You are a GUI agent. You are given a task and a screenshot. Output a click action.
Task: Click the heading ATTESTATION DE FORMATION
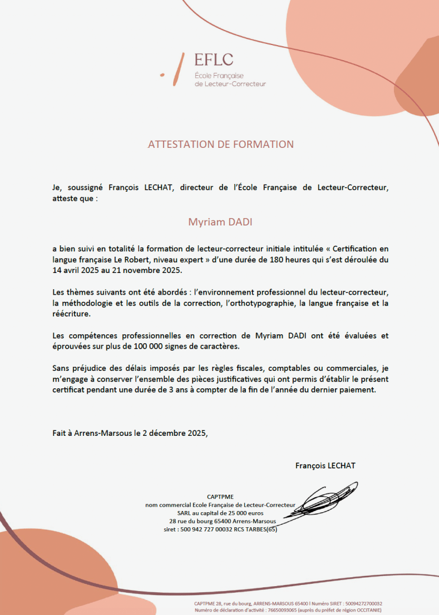[221, 144]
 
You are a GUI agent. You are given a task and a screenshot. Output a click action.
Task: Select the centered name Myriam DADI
[220, 221]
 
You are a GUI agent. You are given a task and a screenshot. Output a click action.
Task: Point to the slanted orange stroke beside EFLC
[177, 69]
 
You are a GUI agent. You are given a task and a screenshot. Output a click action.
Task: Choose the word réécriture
[72, 314]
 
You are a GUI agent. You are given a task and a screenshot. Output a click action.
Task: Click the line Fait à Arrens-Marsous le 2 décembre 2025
[130, 433]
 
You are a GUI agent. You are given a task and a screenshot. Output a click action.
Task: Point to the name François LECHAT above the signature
[325, 465]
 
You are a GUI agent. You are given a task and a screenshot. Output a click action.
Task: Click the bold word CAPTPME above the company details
[220, 497]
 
